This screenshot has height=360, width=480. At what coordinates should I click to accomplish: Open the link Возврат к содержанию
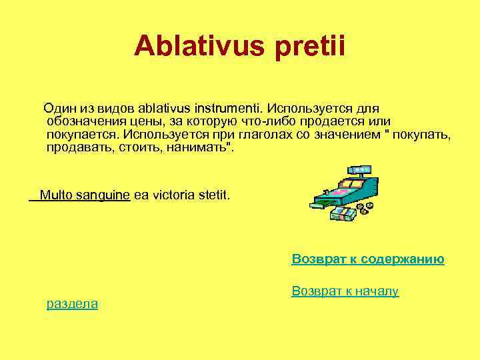click(x=368, y=259)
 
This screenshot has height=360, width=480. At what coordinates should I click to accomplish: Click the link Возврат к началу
click(x=345, y=291)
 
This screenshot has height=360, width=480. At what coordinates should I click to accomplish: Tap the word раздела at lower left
click(x=72, y=304)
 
